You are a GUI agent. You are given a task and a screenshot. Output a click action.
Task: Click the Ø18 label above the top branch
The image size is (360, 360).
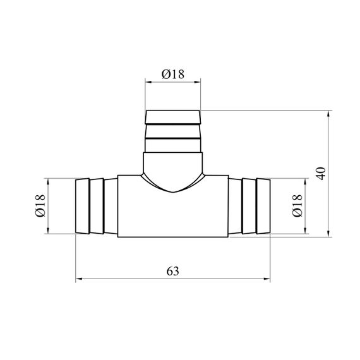173,75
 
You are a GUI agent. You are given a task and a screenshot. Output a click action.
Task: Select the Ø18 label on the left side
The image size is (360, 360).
40,206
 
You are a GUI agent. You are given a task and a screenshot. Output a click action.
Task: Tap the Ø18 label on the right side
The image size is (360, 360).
297,206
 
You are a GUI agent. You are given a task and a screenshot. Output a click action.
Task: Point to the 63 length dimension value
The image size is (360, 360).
172,272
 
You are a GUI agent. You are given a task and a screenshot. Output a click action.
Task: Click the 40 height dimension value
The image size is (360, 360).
321,174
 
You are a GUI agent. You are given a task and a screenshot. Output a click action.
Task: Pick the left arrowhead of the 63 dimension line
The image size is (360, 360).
79,279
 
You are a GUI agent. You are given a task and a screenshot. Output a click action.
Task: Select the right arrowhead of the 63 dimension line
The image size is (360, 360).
267,279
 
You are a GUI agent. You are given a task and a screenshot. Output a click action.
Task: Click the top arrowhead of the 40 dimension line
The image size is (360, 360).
328,114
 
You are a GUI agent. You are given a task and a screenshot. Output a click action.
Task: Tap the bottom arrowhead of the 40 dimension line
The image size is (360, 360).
328,234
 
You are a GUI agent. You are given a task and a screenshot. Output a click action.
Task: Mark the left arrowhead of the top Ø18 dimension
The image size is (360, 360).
148,82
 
